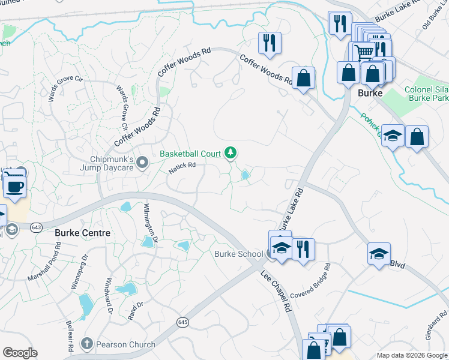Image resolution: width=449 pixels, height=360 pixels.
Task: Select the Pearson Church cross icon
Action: click(88, 344)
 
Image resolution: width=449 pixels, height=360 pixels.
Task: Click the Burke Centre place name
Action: click(82, 232)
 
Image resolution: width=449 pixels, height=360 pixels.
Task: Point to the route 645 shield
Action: click(183, 323)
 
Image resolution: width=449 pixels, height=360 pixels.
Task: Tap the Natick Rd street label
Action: click(182, 169)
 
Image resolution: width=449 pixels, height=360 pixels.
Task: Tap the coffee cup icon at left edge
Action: click(14, 185)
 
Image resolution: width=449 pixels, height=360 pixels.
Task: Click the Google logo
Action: click(20, 353)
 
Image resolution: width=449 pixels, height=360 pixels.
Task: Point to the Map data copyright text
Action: click(411, 355)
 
